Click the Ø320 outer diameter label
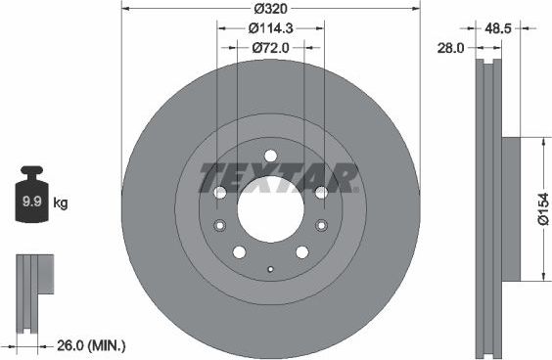click(x=269, y=9)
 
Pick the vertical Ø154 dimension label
click(x=542, y=208)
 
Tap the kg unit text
click(x=61, y=203)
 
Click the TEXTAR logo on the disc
click(x=278, y=178)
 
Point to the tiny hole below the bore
click(x=270, y=268)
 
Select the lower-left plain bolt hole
click(x=239, y=252)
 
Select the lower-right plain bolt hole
click(x=301, y=252)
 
